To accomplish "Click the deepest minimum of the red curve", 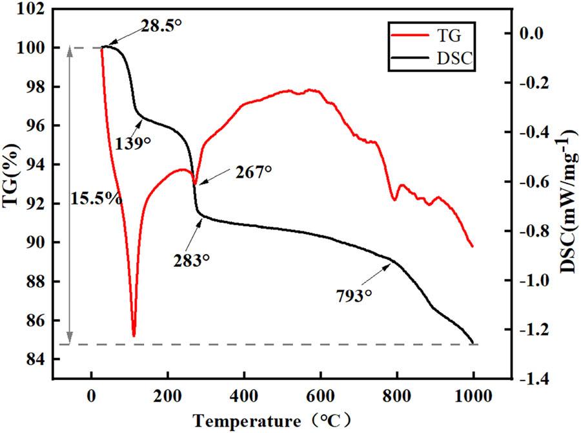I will tap(134, 335).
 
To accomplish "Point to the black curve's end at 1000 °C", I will tap(473, 343).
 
